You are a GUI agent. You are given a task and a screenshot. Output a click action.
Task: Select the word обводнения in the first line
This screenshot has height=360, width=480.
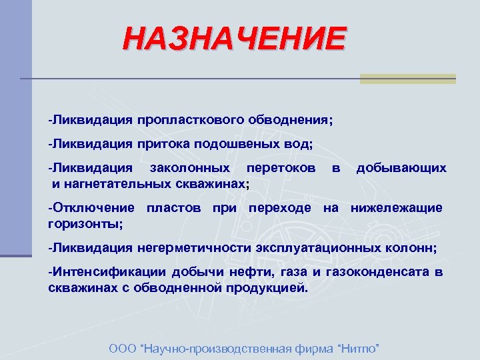287,122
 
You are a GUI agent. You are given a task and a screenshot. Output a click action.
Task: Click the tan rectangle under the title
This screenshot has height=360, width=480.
407,79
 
